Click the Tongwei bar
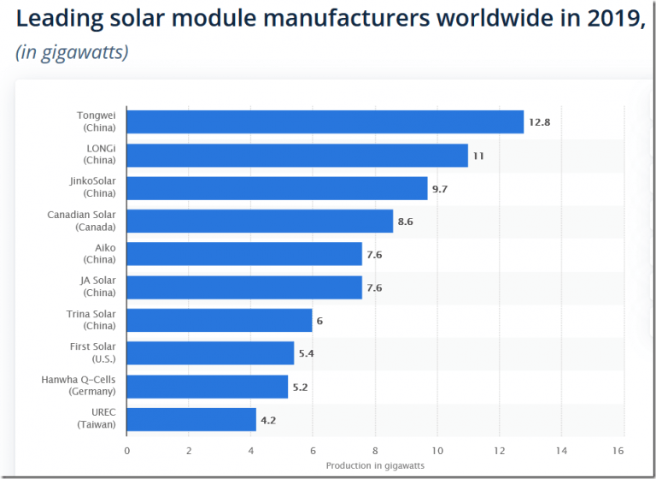(325, 122)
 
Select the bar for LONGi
(297, 156)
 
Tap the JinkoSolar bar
(277, 188)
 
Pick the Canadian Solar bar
(260, 222)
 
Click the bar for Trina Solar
(220, 320)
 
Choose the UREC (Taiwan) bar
(191, 419)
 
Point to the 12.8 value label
(539, 122)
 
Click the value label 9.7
(440, 188)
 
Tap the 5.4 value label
(307, 353)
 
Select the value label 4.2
(269, 419)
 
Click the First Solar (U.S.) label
(93, 352)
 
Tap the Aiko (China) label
(100, 253)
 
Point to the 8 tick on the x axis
(375, 450)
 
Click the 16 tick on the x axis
(618, 450)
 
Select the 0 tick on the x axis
(126, 450)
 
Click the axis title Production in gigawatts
(375, 465)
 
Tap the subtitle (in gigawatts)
(72, 52)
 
